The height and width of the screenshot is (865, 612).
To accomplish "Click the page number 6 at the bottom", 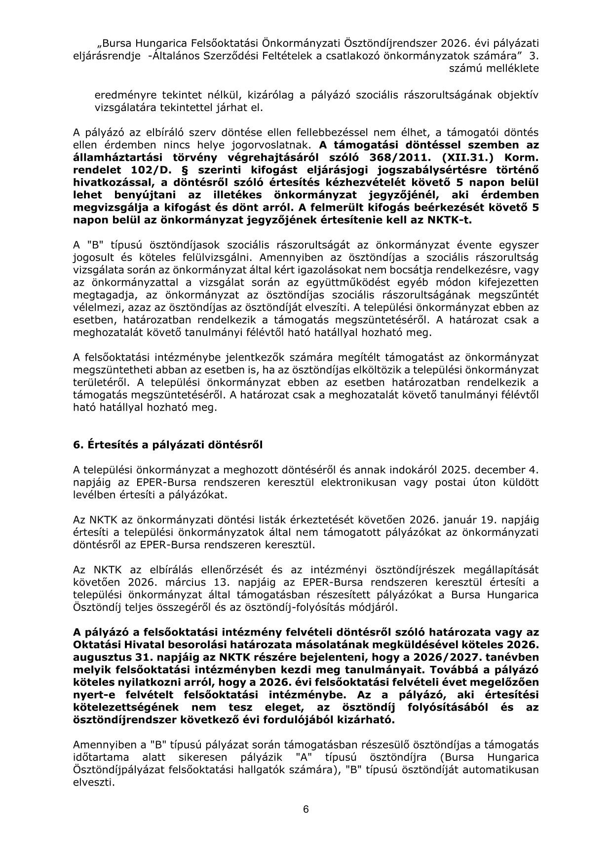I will (306, 809).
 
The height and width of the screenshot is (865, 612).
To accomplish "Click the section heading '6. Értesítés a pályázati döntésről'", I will (168, 445).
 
